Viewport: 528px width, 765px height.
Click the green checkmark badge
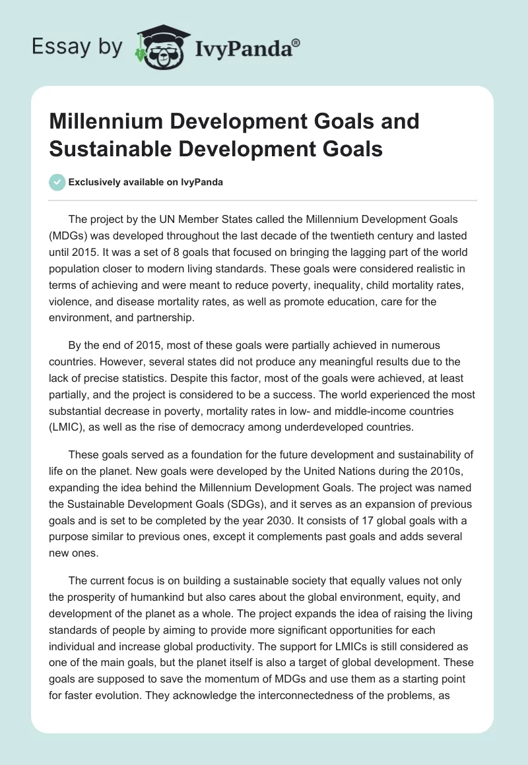click(57, 182)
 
